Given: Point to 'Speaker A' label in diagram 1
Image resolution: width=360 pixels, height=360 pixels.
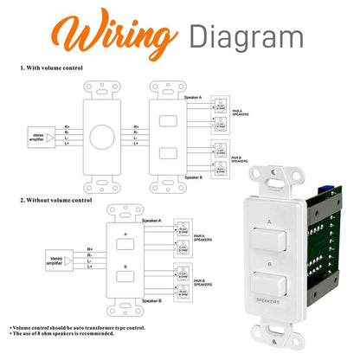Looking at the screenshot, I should (194, 99).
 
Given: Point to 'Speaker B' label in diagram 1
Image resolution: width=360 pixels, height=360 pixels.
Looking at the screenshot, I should (194, 177).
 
